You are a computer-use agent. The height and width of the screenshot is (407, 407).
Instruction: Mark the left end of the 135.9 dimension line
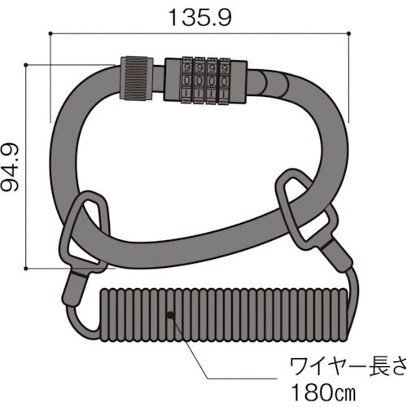(x=50, y=33)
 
